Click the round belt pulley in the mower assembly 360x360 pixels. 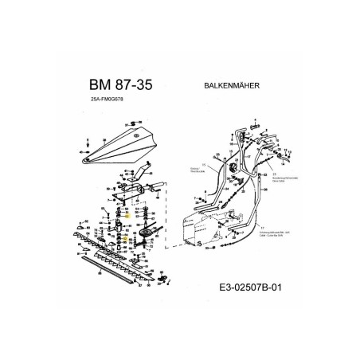pyautogui.click(x=147, y=234)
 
